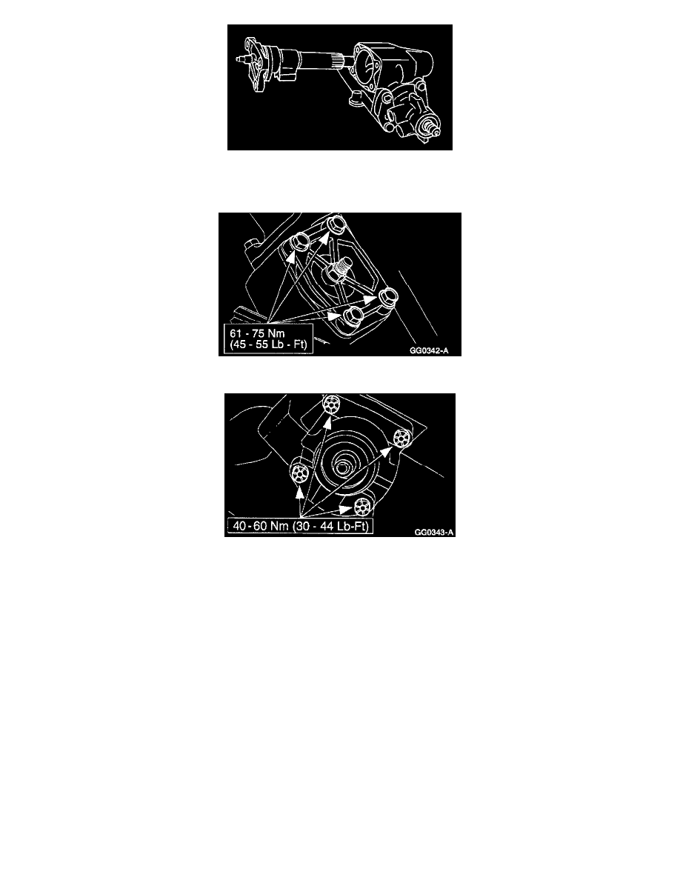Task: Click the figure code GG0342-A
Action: [x=429, y=351]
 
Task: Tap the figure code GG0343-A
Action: [x=433, y=531]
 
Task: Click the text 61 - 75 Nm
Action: [x=257, y=333]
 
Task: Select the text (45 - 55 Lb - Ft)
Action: [x=269, y=344]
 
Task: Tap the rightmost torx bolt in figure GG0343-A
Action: [x=402, y=437]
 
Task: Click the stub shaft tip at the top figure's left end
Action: [x=241, y=57]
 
